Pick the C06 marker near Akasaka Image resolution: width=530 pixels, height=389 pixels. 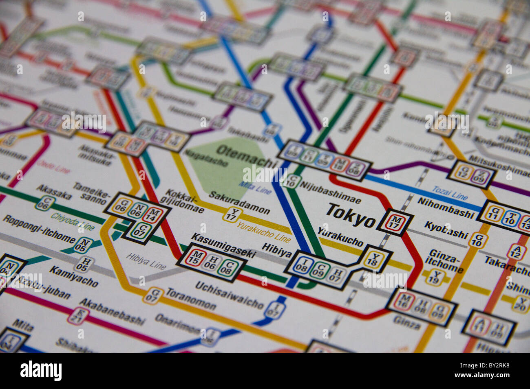point(45,203)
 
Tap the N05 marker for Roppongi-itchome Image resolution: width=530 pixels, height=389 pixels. point(83,245)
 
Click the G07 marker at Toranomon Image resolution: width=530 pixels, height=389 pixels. point(152,295)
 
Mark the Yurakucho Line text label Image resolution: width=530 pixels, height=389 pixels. point(263,231)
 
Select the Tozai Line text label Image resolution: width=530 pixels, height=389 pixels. point(449,192)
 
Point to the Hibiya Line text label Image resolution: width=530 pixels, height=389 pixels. point(146,261)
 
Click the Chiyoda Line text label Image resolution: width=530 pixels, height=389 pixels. point(73,221)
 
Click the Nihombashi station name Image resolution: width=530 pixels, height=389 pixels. point(446,208)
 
